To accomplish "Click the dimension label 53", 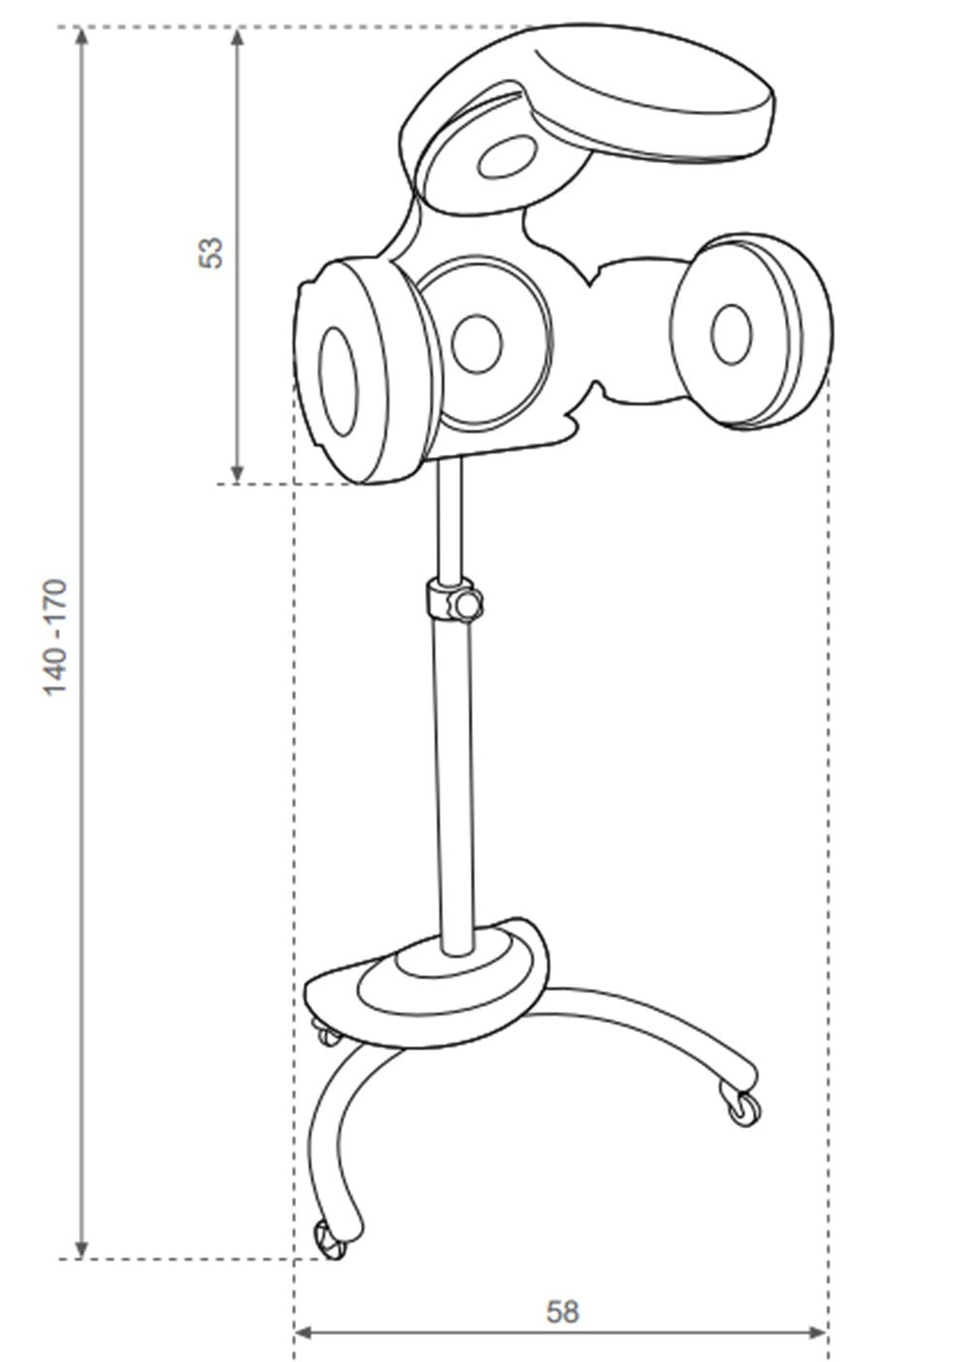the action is pyautogui.click(x=211, y=252).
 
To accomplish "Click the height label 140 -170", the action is pyautogui.click(x=54, y=637).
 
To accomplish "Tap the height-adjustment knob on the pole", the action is pyautogui.click(x=468, y=605).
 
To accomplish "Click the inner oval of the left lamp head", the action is pyautogui.click(x=339, y=381).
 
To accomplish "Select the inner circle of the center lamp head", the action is pyautogui.click(x=477, y=343).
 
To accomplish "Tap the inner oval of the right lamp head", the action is pyautogui.click(x=731, y=335).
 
